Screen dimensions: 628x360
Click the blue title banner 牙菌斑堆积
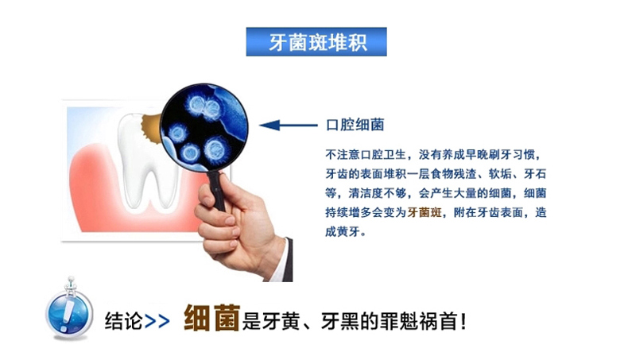click(x=316, y=41)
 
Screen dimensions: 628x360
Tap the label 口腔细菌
click(x=355, y=125)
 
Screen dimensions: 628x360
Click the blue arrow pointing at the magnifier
click(x=289, y=126)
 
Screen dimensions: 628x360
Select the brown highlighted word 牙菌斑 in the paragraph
click(x=424, y=212)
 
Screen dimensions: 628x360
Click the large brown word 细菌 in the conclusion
click(x=212, y=318)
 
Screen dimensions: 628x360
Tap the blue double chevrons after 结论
click(x=157, y=321)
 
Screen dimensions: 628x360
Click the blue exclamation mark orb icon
click(x=69, y=310)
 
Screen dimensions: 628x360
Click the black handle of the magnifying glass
click(x=217, y=190)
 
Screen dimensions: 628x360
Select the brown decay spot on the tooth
click(x=150, y=128)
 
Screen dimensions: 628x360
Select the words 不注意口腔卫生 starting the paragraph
click(x=366, y=155)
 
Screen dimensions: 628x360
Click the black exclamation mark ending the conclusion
click(x=463, y=321)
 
